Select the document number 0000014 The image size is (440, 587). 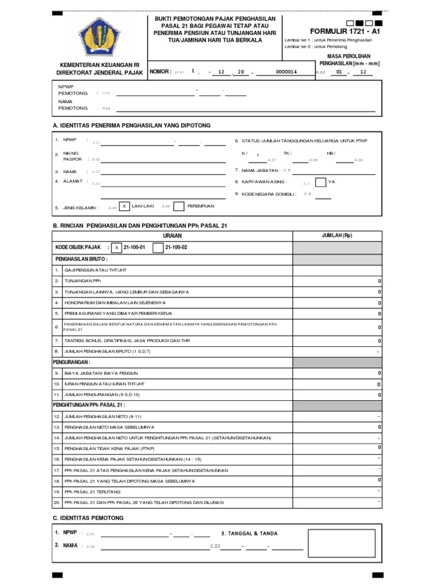pos(286,72)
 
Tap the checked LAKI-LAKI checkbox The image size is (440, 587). pos(124,206)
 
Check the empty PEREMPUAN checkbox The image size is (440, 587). pos(179,206)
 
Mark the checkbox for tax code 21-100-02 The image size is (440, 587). pos(158,247)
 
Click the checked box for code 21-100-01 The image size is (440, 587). pos(116,247)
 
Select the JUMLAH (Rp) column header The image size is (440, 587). pos(337,236)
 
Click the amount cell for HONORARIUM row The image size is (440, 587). pos(337,303)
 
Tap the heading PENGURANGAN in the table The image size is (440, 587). pos(72,362)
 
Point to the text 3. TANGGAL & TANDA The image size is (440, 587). pos(249,533)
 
